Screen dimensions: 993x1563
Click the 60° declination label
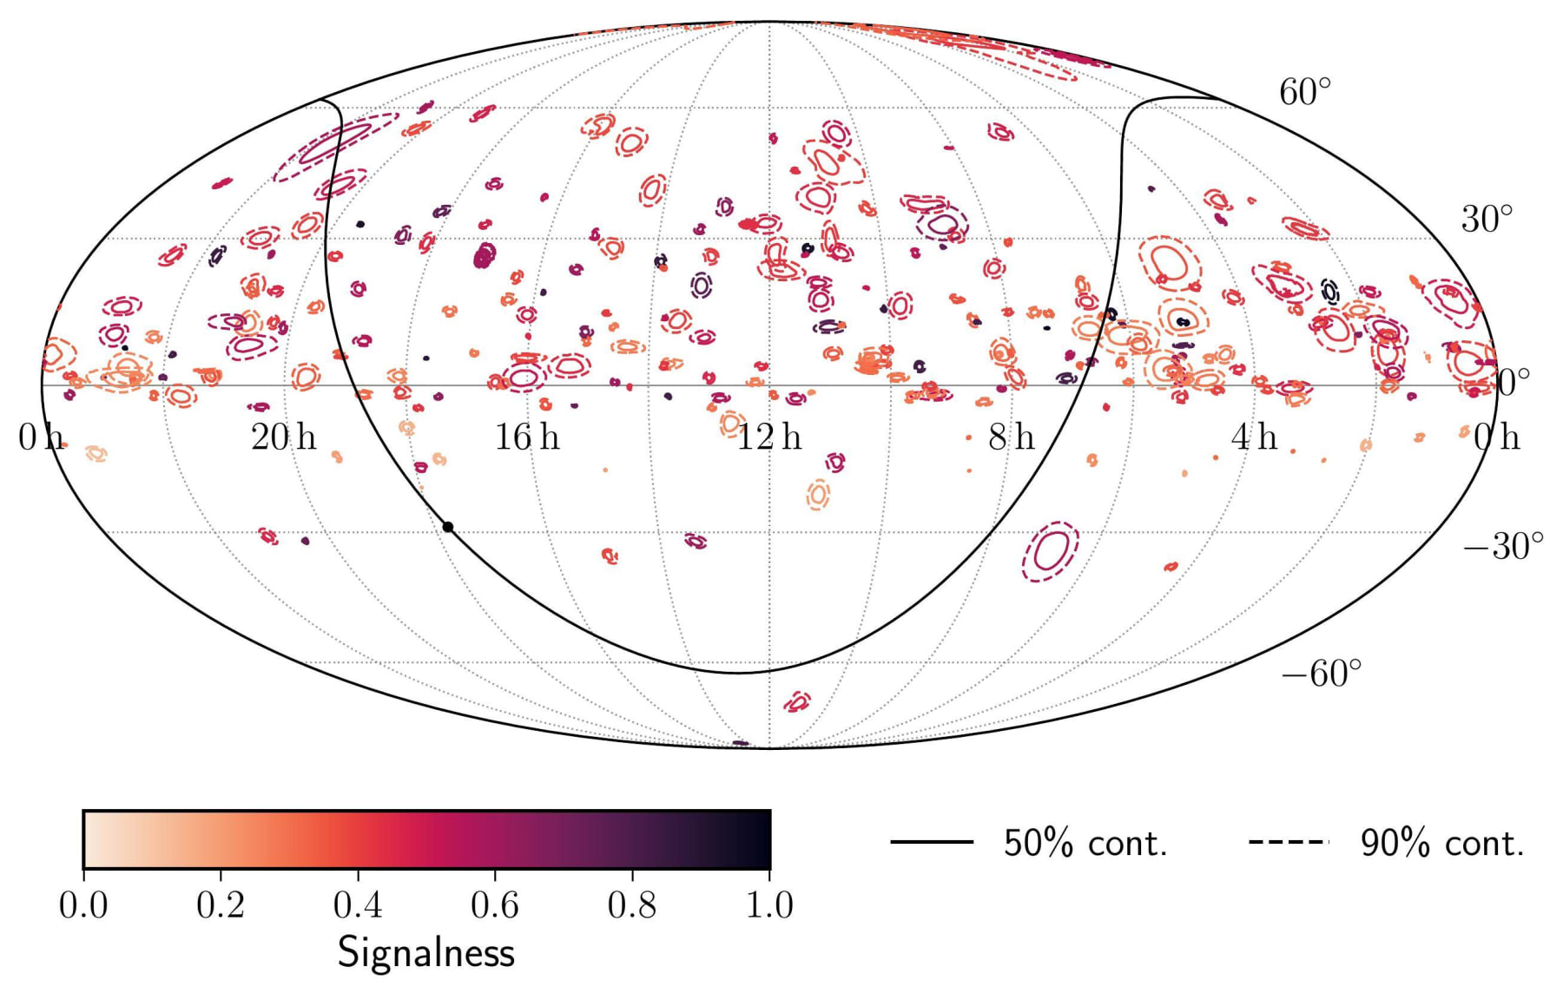[x=1304, y=92]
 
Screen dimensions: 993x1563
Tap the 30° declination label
[x=1487, y=220]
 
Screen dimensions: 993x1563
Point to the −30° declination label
[x=1503, y=546]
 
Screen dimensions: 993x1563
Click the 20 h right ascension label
[x=283, y=437]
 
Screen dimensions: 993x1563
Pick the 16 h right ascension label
[x=526, y=437]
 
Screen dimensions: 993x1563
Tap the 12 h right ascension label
[x=769, y=437]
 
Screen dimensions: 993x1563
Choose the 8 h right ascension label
[x=1012, y=437]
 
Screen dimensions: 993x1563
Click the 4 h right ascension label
[x=1254, y=437]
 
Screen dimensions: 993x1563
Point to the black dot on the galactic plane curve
[x=448, y=527]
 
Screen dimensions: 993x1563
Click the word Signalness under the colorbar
[x=425, y=952]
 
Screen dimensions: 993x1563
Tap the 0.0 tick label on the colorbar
[x=83, y=905]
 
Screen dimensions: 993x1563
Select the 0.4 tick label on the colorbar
[x=358, y=905]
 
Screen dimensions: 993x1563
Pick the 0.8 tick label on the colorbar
[x=632, y=905]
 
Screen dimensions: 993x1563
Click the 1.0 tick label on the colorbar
[x=769, y=905]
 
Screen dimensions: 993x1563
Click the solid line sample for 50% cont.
[x=931, y=841]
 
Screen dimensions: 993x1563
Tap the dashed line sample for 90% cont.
[x=1289, y=841]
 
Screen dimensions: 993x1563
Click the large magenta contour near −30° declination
[x=1051, y=550]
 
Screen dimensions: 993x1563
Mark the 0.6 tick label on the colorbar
[x=495, y=905]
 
